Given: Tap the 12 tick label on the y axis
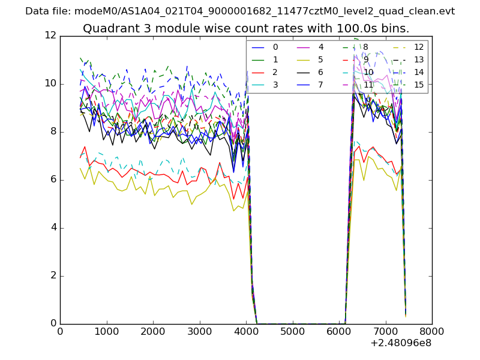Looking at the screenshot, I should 50,35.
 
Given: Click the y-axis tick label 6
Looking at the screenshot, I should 53,179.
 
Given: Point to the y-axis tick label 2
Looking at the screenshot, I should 53,275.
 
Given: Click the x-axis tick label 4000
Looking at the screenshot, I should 246,331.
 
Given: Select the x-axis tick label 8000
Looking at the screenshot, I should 432,331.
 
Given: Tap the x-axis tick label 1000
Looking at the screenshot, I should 106,331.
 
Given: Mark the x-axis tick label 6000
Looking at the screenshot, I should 339,331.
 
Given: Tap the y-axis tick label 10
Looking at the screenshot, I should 50,83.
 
